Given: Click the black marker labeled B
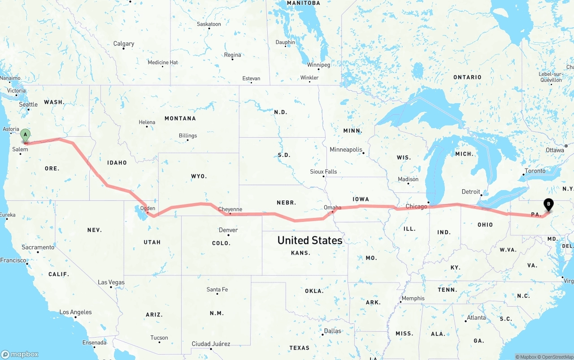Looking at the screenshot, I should (x=548, y=204).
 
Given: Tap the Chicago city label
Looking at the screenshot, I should (x=416, y=207).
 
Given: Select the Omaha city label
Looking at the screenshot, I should (x=332, y=208).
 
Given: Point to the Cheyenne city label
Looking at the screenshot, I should (x=230, y=209).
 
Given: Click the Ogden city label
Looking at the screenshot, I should (x=148, y=208).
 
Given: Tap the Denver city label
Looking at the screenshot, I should (x=228, y=230).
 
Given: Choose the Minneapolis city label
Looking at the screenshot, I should (x=346, y=149).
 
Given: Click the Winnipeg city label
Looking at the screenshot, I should (x=318, y=65).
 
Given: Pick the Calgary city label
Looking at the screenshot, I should (x=124, y=43).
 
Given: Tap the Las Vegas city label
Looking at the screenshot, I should (x=111, y=282).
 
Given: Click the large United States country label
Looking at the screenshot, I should (x=309, y=240).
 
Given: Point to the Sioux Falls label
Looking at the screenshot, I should (x=323, y=172).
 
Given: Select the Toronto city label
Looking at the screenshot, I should (x=535, y=171).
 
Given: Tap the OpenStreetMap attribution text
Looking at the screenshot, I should (x=557, y=357).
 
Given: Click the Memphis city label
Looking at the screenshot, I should (x=413, y=299).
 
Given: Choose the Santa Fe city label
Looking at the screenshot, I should (x=217, y=290).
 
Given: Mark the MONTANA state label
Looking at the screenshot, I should (x=180, y=118).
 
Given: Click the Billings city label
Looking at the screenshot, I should (x=187, y=135).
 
